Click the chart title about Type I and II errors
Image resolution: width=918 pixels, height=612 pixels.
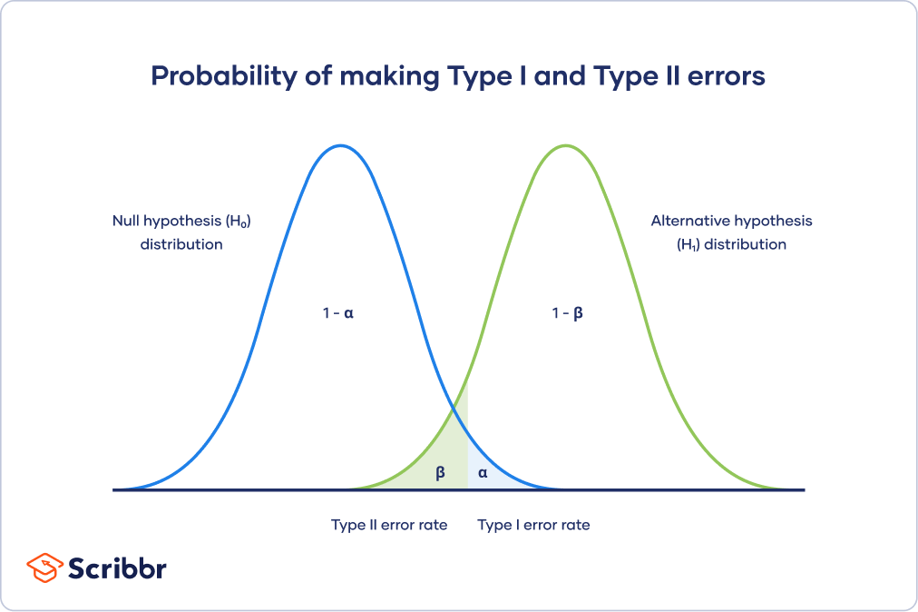coord(458,77)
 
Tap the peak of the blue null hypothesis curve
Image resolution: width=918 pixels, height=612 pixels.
coord(340,145)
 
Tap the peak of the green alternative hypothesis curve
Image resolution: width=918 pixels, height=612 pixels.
coord(565,145)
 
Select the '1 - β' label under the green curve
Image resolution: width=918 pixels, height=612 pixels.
coord(567,312)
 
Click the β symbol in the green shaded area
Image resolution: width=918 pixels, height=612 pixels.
coord(441,472)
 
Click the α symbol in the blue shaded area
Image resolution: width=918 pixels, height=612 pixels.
coord(483,472)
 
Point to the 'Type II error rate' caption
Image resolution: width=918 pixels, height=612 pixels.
coord(389,525)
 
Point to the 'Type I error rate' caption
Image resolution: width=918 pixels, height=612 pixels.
coord(533,525)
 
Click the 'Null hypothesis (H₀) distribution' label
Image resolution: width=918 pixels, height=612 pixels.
coord(181,232)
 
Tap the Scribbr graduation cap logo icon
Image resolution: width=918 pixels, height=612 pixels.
coord(44,568)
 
